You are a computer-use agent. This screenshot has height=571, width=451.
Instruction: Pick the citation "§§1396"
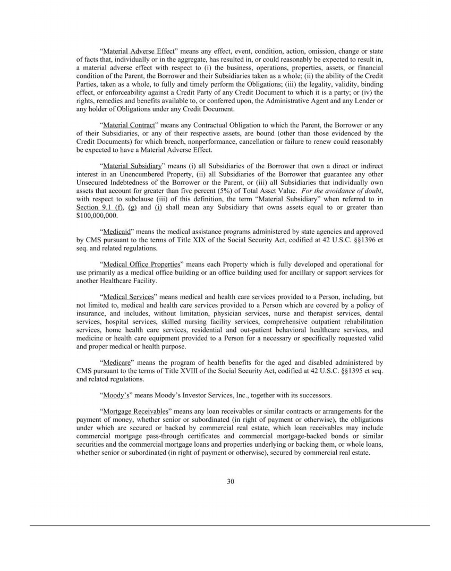point(359,240)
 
